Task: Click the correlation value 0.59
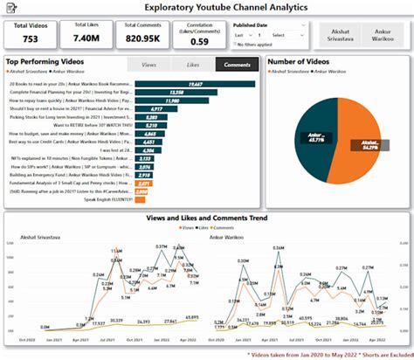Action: coord(199,42)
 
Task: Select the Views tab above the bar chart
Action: coord(148,65)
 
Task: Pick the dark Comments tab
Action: coord(237,65)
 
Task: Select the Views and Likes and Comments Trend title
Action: coord(207,218)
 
